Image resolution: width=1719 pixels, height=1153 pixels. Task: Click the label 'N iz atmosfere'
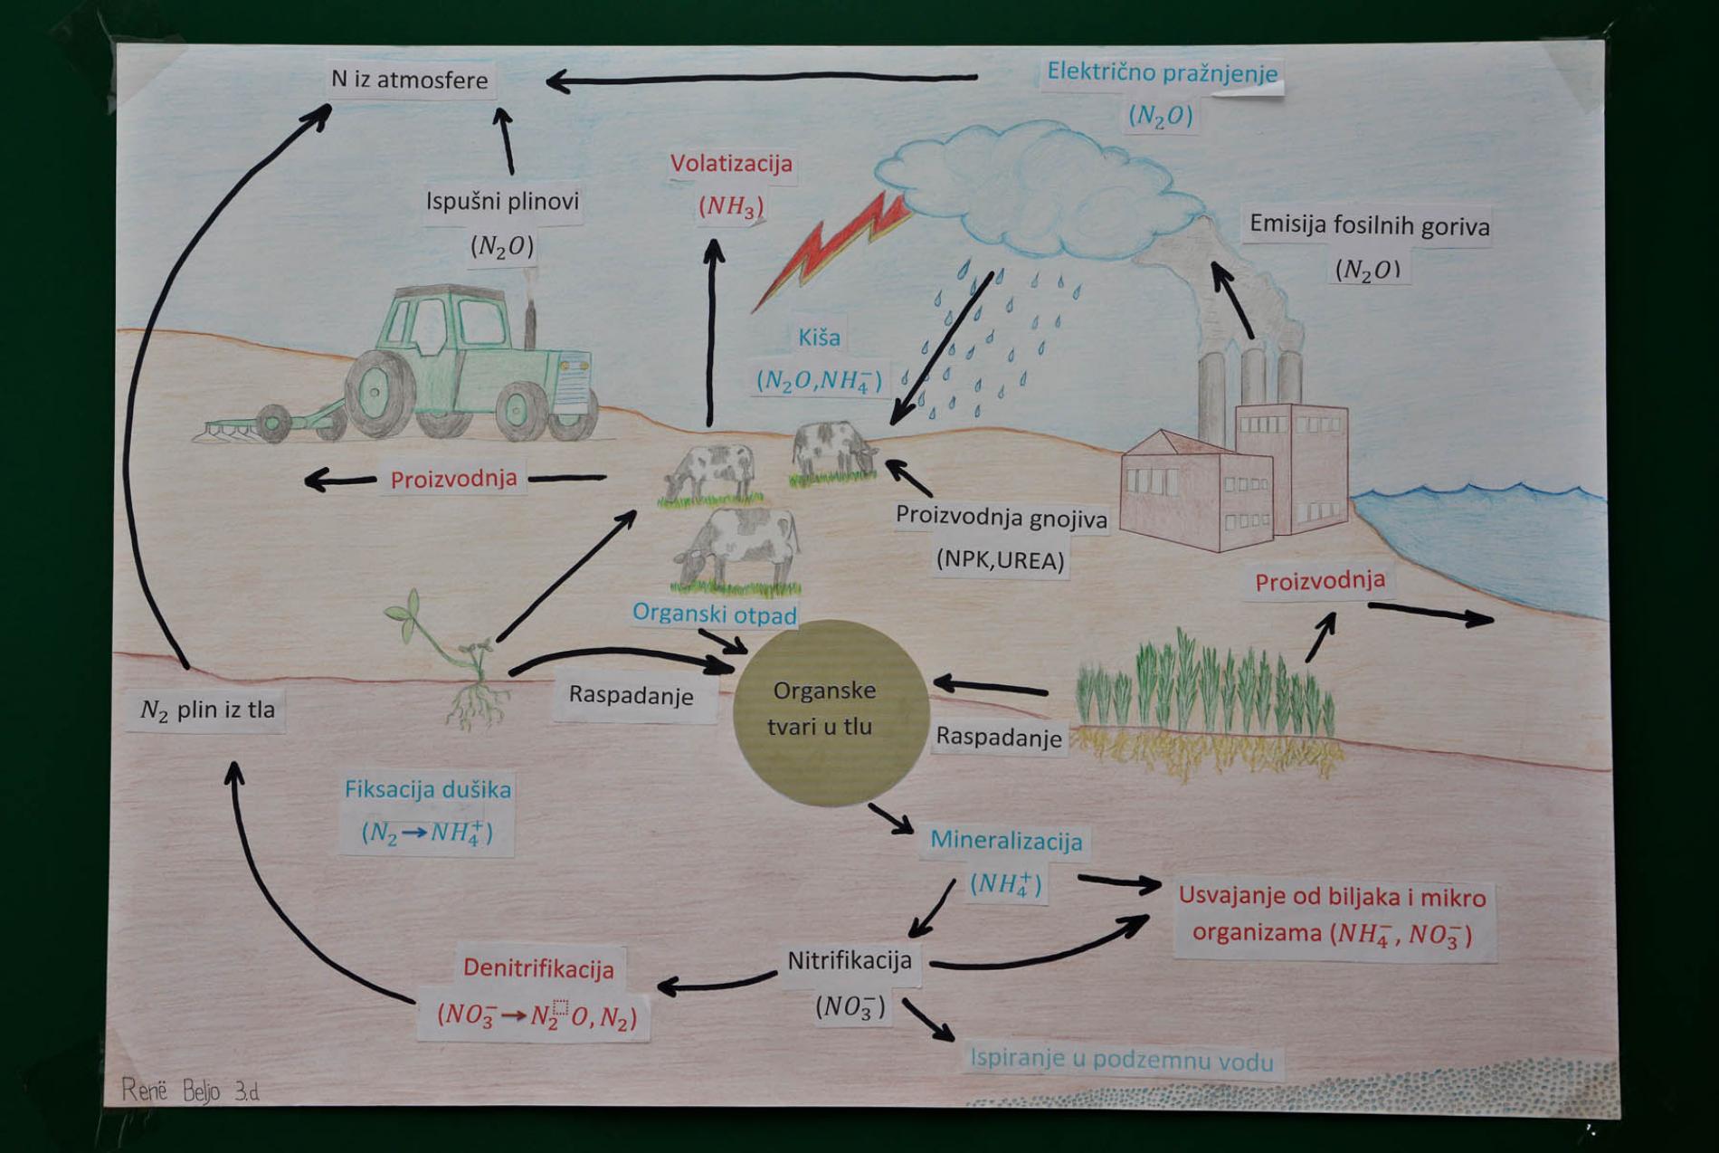tap(409, 80)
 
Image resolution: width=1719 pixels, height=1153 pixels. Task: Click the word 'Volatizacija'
tap(731, 164)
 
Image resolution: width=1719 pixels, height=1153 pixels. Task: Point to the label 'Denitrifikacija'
tap(538, 968)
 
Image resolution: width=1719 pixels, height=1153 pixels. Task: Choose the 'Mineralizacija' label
tap(1006, 841)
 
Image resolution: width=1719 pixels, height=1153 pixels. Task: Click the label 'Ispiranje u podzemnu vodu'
tap(1122, 1060)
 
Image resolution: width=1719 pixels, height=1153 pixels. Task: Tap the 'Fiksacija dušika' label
tap(428, 789)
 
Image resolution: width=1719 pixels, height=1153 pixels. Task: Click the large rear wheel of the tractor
tap(380, 395)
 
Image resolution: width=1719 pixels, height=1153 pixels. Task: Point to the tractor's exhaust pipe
tap(531, 321)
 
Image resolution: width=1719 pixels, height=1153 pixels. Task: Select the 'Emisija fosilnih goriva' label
tap(1369, 225)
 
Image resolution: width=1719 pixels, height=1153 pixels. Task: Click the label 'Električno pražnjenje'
tap(1163, 72)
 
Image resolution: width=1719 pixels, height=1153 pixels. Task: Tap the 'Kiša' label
tap(819, 338)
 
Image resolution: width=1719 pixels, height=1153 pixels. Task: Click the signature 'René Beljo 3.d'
tap(190, 1091)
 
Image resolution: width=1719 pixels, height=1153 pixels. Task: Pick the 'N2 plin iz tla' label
tap(207, 710)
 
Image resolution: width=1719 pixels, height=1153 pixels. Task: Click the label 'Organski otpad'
tap(715, 614)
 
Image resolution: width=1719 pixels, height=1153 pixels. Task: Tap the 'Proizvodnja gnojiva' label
tap(1001, 518)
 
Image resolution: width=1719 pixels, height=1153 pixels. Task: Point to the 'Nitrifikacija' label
tap(850, 960)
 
